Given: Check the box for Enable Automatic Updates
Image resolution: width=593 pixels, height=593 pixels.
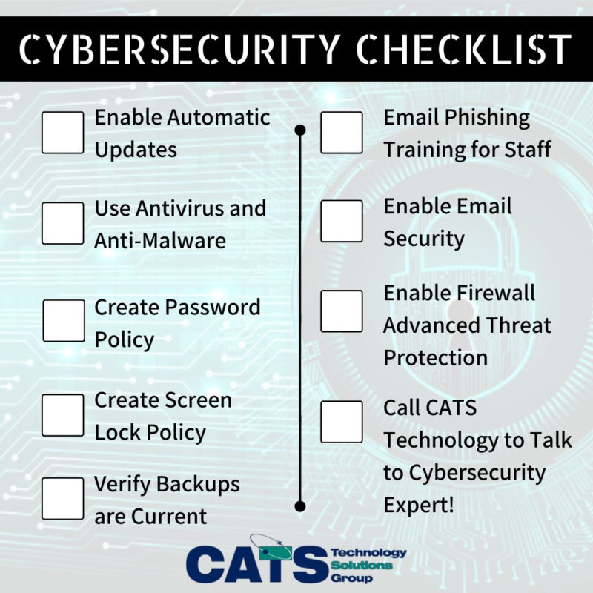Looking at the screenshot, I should tap(63, 133).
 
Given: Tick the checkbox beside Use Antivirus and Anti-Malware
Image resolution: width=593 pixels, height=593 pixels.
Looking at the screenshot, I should tap(63, 223).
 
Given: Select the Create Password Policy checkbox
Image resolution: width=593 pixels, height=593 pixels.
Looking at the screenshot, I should tap(64, 321).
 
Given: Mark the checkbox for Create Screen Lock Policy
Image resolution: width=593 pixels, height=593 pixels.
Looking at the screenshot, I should tap(63, 415).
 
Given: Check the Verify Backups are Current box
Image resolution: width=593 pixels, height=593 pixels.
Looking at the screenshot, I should tap(63, 498).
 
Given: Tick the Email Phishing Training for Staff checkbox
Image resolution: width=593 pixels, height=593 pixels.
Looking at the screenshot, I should tap(342, 133).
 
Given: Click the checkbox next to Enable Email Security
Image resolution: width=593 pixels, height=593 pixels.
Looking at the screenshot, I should tap(342, 221).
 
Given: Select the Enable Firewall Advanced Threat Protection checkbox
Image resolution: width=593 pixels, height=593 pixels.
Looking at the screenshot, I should tap(342, 311).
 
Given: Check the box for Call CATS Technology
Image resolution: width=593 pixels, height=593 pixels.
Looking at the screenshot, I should tap(342, 421).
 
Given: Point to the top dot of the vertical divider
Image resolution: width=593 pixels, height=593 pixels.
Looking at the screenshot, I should tap(300, 130).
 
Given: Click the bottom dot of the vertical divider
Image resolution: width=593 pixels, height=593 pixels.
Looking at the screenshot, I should tap(300, 507).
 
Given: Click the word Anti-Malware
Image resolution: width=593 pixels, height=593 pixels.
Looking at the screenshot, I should tap(159, 241).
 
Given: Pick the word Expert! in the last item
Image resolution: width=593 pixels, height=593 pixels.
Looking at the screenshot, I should tap(420, 505).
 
